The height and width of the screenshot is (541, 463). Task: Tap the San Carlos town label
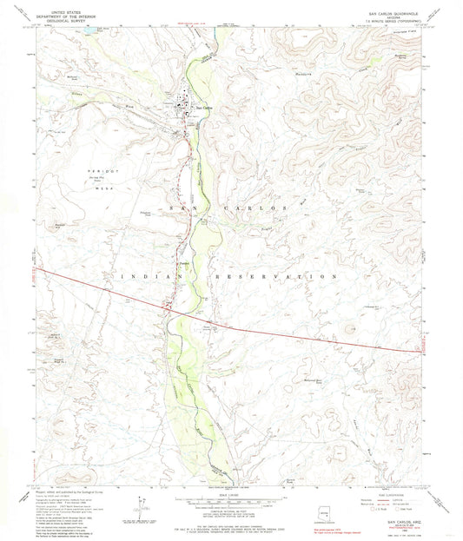(202, 107)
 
